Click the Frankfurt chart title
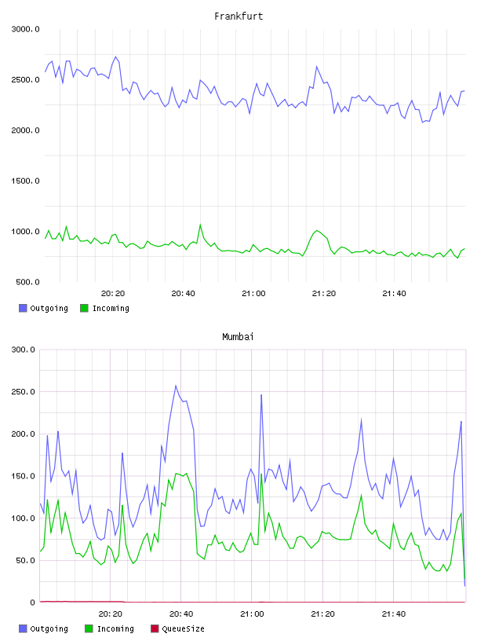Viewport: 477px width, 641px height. tap(238, 16)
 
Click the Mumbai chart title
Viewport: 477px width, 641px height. tap(238, 337)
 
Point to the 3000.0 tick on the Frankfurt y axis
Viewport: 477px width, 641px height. tap(25, 29)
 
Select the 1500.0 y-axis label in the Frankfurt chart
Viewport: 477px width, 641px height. tap(25, 181)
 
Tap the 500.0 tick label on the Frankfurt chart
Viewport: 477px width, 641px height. tap(27, 282)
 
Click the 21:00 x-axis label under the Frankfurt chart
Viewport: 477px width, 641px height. tap(253, 294)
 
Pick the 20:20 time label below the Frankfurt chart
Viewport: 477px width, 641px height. tap(113, 294)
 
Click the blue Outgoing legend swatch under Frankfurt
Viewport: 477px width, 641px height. tap(23, 308)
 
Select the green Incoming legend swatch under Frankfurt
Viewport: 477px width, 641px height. tap(84, 308)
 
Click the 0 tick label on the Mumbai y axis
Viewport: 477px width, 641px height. tap(33, 603)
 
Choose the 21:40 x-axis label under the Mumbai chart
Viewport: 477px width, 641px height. tap(394, 614)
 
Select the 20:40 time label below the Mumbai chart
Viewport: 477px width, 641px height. tap(181, 614)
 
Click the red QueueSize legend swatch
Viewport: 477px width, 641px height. tap(155, 628)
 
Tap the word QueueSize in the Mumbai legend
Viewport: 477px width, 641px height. tap(183, 628)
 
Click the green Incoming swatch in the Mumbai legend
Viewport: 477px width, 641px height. tap(89, 628)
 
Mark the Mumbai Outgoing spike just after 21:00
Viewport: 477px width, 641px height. tap(261, 395)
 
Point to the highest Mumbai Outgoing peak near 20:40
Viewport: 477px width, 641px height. tap(176, 386)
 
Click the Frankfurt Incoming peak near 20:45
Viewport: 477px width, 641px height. tap(200, 225)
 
